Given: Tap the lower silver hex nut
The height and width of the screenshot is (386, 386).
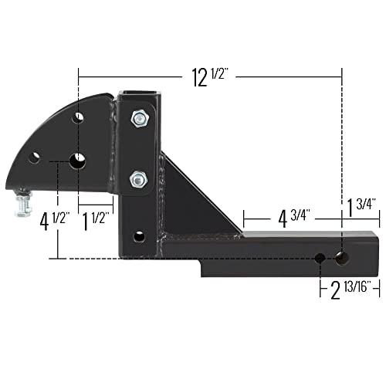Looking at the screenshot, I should [x=137, y=178].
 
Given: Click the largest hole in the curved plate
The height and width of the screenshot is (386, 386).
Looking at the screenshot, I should [x=78, y=161].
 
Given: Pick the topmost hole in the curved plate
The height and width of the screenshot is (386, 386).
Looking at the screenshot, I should [x=79, y=119].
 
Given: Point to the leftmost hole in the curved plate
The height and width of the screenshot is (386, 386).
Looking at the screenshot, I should [x=34, y=157].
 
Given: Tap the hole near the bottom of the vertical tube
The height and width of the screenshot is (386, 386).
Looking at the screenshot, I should [x=138, y=235].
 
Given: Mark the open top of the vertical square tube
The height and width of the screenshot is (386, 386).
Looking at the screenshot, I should [x=139, y=96].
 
